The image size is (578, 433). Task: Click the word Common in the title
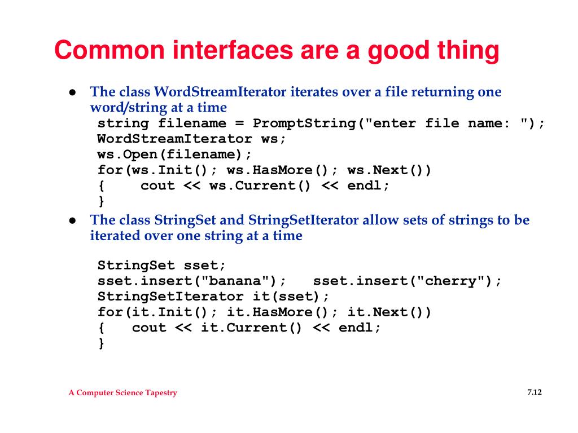(110, 50)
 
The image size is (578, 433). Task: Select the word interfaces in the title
(233, 50)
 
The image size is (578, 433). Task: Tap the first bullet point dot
(73, 92)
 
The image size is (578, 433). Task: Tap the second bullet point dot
(73, 220)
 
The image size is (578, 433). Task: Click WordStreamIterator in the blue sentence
(220, 92)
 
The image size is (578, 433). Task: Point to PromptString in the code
(304, 123)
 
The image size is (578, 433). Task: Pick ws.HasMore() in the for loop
(277, 170)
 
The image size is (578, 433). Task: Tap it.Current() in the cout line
(251, 328)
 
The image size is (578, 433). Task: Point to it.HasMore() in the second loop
(277, 312)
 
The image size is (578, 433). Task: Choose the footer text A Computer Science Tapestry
(122, 392)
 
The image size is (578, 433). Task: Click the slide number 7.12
(535, 392)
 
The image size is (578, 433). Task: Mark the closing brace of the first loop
(102, 201)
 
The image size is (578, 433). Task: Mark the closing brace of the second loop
(102, 343)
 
